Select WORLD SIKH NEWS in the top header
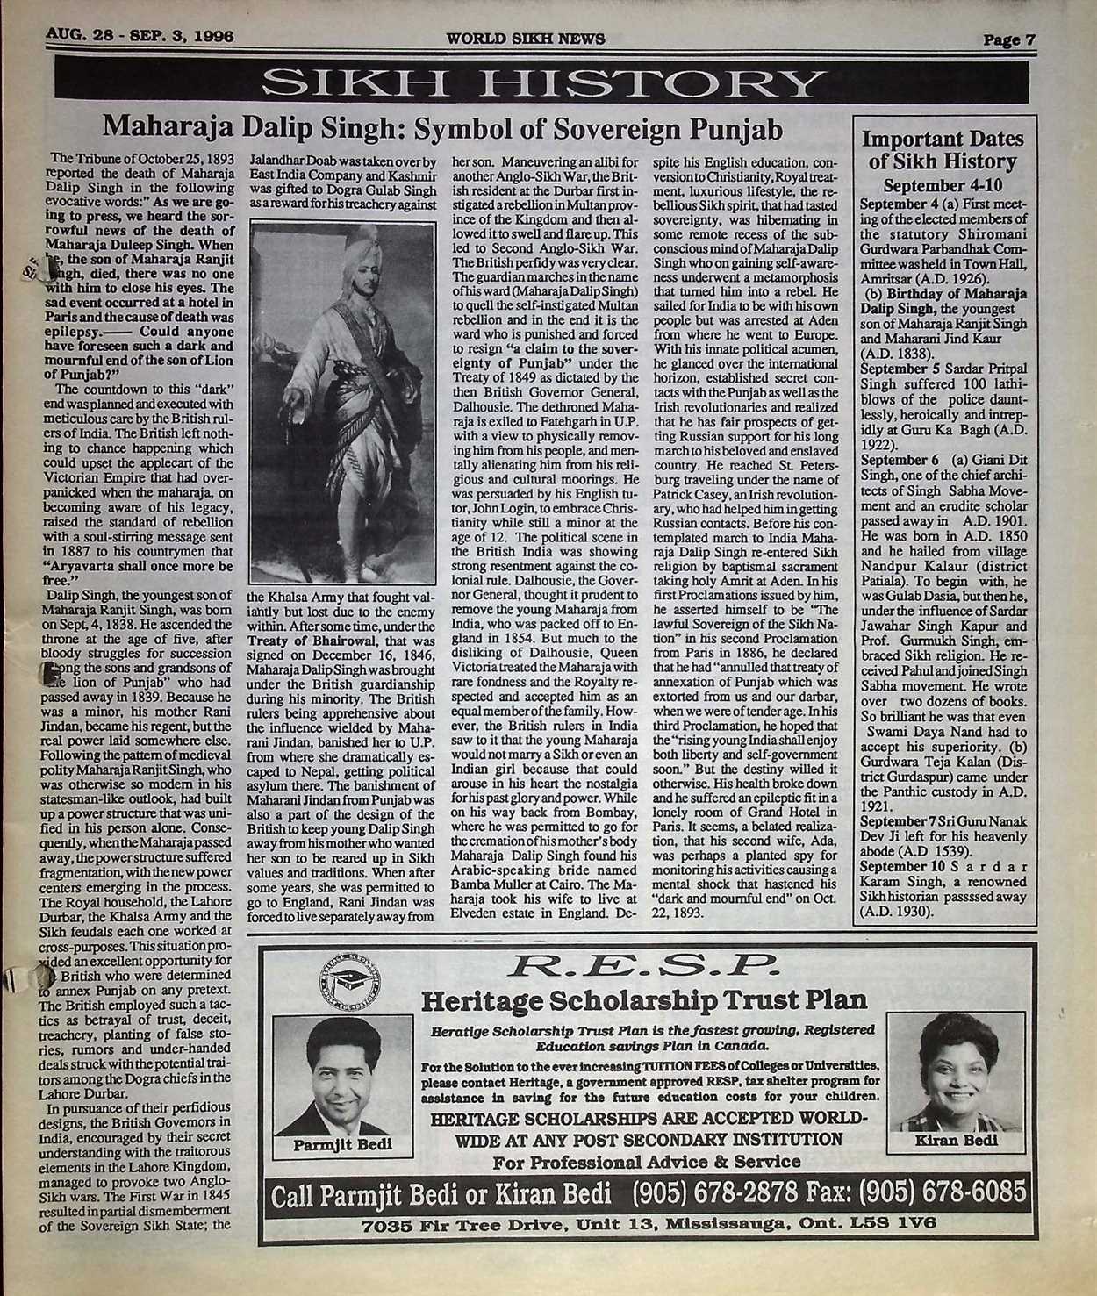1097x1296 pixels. pyautogui.click(x=513, y=38)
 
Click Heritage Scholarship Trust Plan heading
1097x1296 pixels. pyautogui.click(x=645, y=1000)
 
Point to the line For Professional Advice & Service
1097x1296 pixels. pyautogui.click(x=647, y=1161)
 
